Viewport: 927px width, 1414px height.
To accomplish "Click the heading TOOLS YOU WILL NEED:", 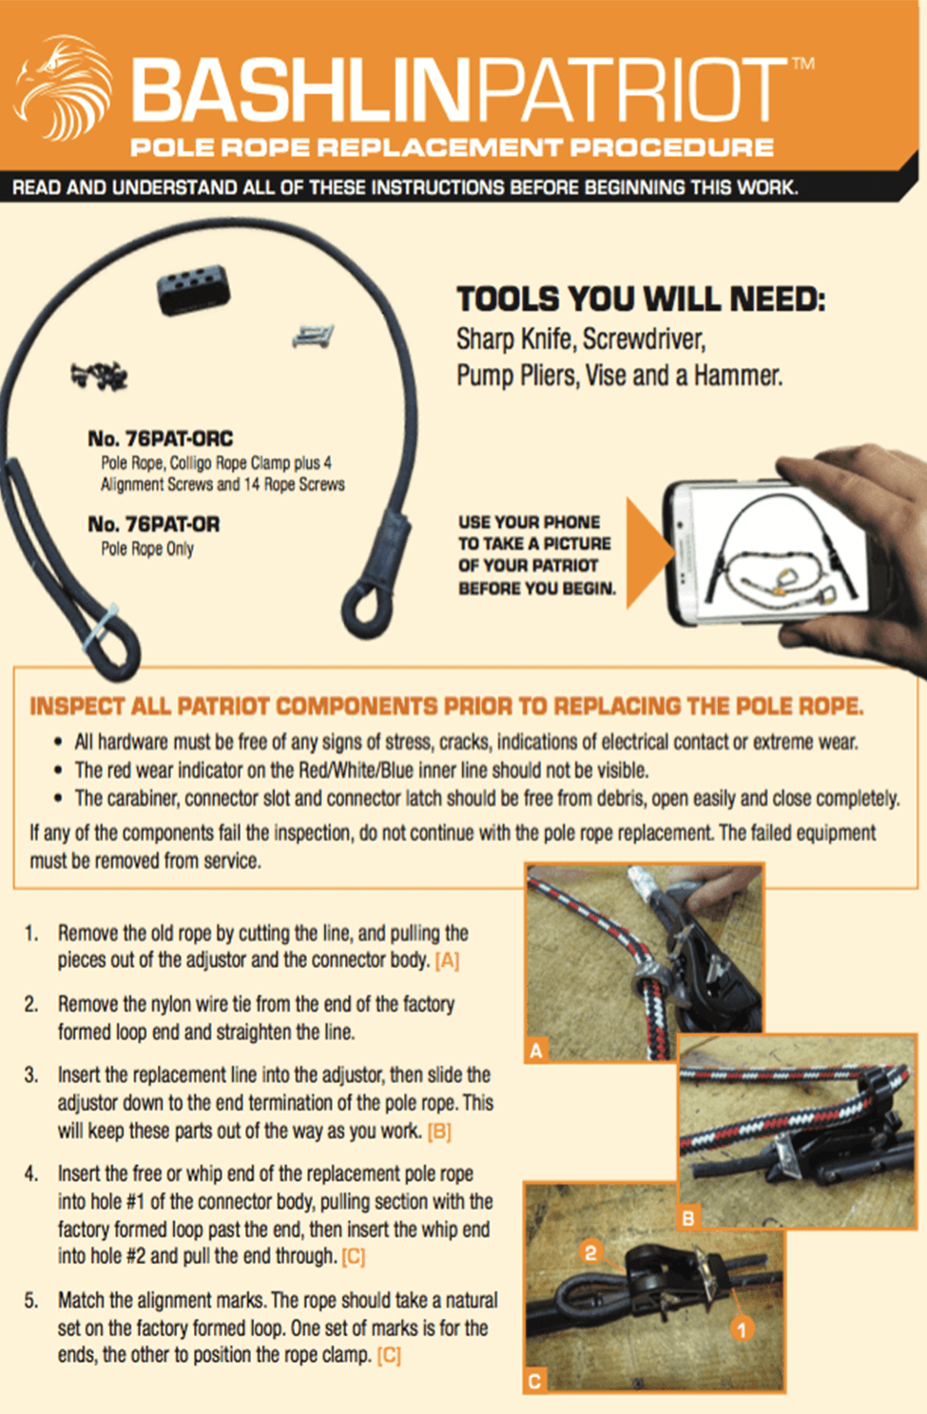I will (641, 300).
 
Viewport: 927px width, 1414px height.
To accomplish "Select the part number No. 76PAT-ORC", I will (160, 438).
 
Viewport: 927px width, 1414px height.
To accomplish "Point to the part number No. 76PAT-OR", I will (153, 524).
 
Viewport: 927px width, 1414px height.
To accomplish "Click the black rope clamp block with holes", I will (193, 288).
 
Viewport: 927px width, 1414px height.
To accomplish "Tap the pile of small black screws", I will (99, 376).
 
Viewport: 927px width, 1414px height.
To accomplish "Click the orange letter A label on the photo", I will (536, 1051).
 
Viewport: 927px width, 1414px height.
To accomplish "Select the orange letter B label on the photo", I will (687, 1217).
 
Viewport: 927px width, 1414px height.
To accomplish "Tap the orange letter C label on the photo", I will (534, 1382).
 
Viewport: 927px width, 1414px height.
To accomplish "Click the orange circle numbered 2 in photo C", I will (590, 1251).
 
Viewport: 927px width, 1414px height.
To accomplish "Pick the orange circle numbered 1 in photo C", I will (742, 1328).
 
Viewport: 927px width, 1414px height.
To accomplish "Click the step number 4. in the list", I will (31, 1173).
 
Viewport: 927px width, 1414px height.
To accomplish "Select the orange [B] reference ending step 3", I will (439, 1132).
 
